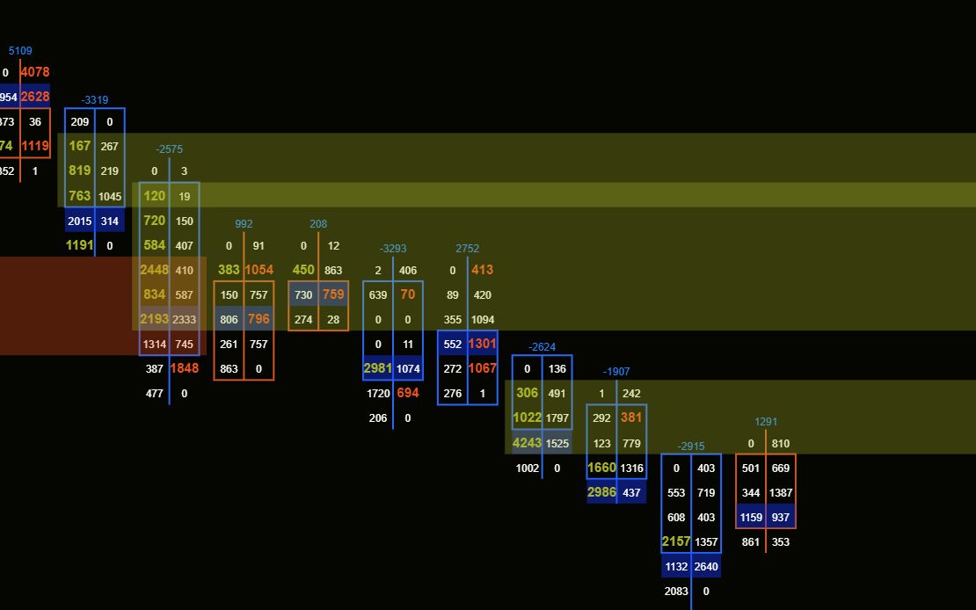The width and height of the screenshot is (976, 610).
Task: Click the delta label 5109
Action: (x=20, y=51)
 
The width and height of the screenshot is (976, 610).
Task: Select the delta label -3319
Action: (x=95, y=100)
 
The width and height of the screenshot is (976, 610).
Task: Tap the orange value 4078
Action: (x=35, y=72)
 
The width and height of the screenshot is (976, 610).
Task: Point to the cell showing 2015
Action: (x=79, y=221)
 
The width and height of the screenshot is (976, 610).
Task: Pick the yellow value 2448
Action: (x=154, y=270)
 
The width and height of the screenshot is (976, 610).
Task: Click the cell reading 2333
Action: (x=184, y=320)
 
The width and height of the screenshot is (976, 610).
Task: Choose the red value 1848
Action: (x=184, y=369)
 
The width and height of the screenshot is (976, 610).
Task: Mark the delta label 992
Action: (x=244, y=224)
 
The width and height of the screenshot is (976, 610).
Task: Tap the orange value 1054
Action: (x=259, y=270)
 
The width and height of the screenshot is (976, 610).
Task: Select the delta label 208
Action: (x=318, y=224)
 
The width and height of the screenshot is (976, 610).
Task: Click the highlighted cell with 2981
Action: (x=378, y=368)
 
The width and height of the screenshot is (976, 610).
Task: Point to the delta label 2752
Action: (x=468, y=249)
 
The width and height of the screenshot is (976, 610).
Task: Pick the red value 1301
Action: (x=482, y=344)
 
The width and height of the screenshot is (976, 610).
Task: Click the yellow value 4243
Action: (x=527, y=443)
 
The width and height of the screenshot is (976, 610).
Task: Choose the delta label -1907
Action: (x=616, y=372)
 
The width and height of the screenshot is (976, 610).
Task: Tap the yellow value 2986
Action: (x=601, y=492)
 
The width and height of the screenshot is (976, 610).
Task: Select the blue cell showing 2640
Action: (x=706, y=567)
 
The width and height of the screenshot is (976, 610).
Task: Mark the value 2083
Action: (x=676, y=592)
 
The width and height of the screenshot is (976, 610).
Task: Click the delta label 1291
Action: (x=766, y=422)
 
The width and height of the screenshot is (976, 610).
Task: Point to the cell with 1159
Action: (x=751, y=518)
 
